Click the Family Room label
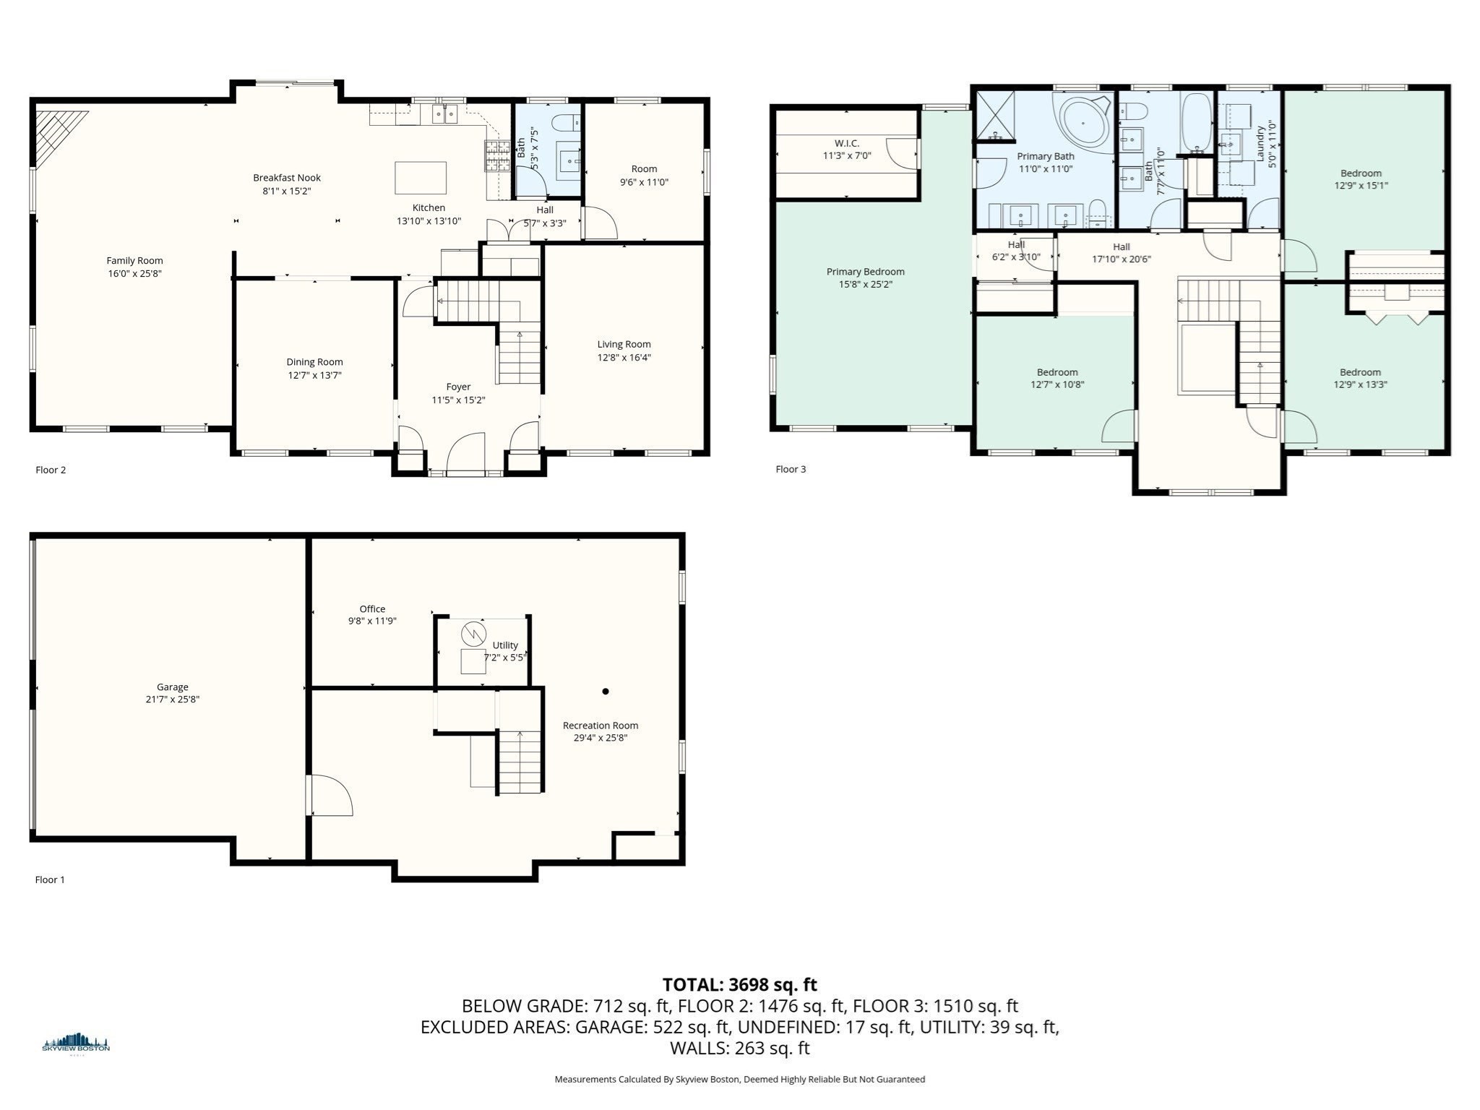pos(134,261)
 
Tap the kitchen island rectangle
pos(421,178)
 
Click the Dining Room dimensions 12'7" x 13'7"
pos(314,375)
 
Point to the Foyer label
pos(458,387)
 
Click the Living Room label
pos(624,345)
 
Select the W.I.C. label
pos(847,144)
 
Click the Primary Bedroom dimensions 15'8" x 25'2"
pos(866,284)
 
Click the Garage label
pos(173,687)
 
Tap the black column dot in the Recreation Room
pos(606,692)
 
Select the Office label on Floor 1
pos(372,609)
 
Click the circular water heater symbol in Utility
pos(473,634)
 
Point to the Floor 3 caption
pos(791,469)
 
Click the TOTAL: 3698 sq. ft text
pos(740,985)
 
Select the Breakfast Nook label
pos(287,178)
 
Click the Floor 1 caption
pos(50,879)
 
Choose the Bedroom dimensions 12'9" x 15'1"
pos(1361,185)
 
